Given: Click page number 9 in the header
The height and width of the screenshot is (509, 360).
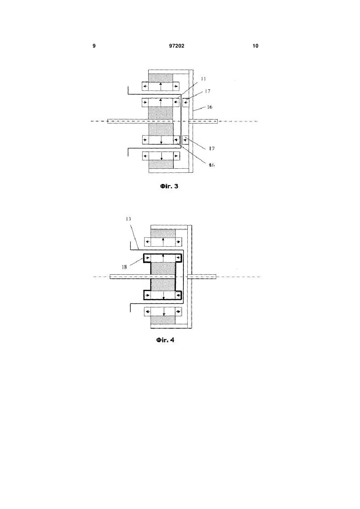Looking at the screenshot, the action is [94, 46].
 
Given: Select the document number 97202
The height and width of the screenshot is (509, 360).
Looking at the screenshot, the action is [177, 46].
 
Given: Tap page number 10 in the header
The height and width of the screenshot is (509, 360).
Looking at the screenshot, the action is [255, 46].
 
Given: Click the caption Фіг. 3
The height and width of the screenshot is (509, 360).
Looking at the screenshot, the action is [169, 186].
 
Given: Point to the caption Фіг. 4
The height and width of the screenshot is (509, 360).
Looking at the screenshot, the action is [165, 340].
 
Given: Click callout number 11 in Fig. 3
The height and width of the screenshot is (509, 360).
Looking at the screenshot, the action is [203, 79].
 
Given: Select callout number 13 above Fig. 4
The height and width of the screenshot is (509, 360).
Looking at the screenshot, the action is [128, 219].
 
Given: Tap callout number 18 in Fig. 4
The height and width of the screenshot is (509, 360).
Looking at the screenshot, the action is [124, 267].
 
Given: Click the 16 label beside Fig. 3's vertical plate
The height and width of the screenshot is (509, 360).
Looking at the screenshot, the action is [209, 107].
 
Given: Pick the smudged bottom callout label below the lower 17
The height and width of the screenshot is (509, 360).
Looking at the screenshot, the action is [211, 165].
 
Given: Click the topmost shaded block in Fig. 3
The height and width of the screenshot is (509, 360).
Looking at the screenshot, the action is [161, 78].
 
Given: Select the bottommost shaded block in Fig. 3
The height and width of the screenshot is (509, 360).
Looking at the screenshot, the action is [161, 164].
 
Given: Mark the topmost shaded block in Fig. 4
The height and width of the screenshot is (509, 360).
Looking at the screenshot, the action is [163, 234].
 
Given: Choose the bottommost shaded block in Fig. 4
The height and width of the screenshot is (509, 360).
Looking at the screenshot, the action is [163, 320].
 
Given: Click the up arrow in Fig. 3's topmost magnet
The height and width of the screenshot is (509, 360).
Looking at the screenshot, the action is [161, 87].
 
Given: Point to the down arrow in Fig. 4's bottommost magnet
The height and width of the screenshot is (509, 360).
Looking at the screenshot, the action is [164, 312].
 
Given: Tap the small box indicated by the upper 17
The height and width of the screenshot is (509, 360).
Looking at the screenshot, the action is [185, 102].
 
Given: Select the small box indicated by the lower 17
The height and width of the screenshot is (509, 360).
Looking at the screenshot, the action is [185, 140].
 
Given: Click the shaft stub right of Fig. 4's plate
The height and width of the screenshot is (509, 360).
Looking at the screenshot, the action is [204, 277].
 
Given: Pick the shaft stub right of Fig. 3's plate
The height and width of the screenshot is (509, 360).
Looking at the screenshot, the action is [205, 121].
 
